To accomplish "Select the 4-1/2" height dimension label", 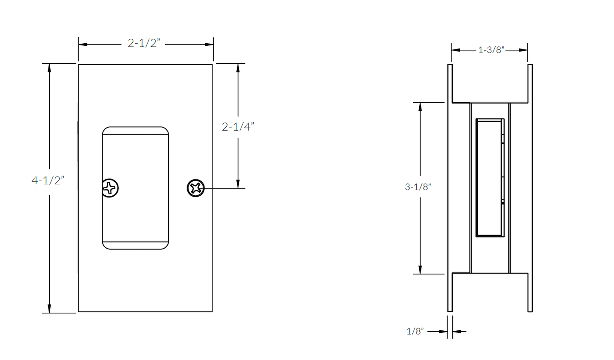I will click(48, 180).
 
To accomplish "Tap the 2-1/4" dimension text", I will click(238, 127).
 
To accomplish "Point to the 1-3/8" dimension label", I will click(491, 50).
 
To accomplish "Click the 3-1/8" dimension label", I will click(418, 187).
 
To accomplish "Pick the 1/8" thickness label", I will click(415, 331).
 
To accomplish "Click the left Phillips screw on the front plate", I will click(110, 188).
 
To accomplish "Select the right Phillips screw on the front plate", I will click(196, 188).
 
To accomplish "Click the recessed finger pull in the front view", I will click(135, 188).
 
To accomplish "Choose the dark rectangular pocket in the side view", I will click(489, 178).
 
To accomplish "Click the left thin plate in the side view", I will click(450, 188).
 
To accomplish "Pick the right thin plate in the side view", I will click(530, 188).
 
